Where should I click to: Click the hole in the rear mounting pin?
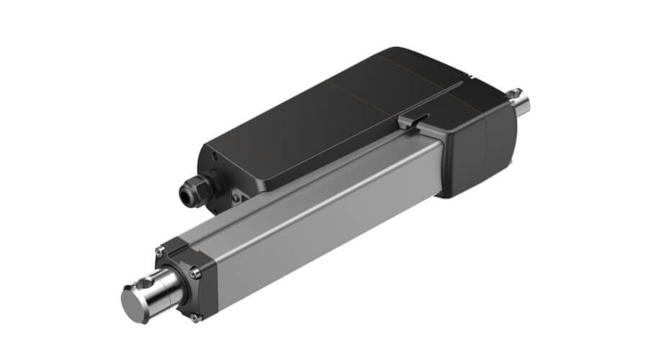516,94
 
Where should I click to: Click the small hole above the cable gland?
216,156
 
